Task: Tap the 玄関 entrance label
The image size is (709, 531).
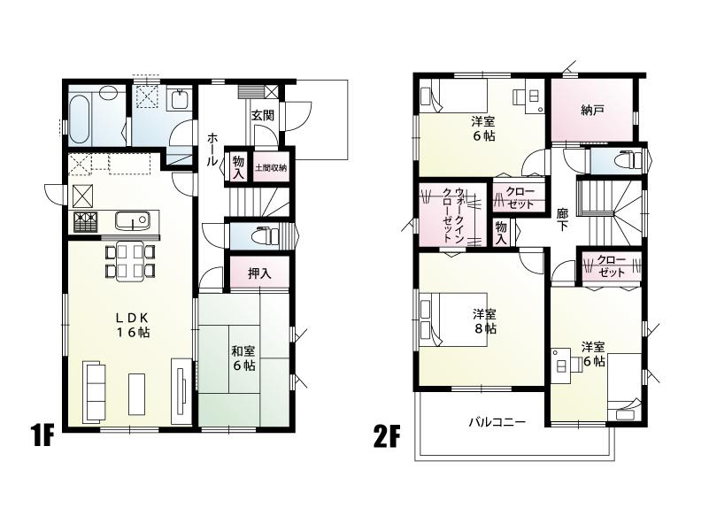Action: pyautogui.click(x=261, y=116)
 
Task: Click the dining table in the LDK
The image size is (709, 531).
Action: pyautogui.click(x=130, y=259)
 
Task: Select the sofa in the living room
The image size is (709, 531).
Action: pyautogui.click(x=92, y=389)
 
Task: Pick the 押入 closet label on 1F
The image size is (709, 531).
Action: pyautogui.click(x=259, y=273)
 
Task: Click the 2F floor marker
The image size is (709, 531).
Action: pyautogui.click(x=385, y=436)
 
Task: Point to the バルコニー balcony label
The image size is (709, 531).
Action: pyautogui.click(x=497, y=423)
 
